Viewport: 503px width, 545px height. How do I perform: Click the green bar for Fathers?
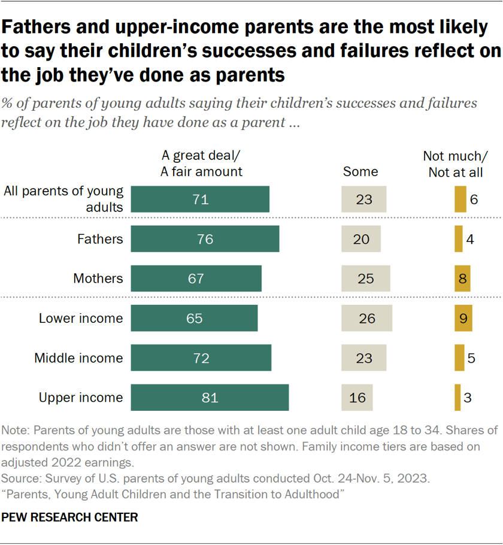point(205,239)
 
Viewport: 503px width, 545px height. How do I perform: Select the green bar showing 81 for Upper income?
point(210,398)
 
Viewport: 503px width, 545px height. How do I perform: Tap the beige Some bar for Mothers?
point(365,278)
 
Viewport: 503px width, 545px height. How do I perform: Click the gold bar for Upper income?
point(457,398)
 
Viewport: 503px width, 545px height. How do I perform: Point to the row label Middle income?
point(78,358)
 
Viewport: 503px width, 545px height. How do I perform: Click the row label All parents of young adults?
point(63,199)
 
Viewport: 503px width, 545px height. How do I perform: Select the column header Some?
point(360,172)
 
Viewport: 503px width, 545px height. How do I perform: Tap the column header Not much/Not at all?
point(456,163)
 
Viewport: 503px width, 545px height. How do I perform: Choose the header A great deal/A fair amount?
point(202,163)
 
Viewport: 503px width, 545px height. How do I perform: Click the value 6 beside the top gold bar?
point(474,199)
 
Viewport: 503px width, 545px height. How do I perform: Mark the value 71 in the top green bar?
point(201,199)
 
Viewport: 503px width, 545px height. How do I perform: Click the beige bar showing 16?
point(357,398)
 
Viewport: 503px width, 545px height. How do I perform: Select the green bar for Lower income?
point(194,318)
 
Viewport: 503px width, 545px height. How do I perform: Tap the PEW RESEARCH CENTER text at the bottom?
point(70,517)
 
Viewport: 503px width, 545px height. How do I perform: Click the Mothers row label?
point(98,278)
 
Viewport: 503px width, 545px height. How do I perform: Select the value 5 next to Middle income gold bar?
point(471,358)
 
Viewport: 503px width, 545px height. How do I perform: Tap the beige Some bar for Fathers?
point(360,239)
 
